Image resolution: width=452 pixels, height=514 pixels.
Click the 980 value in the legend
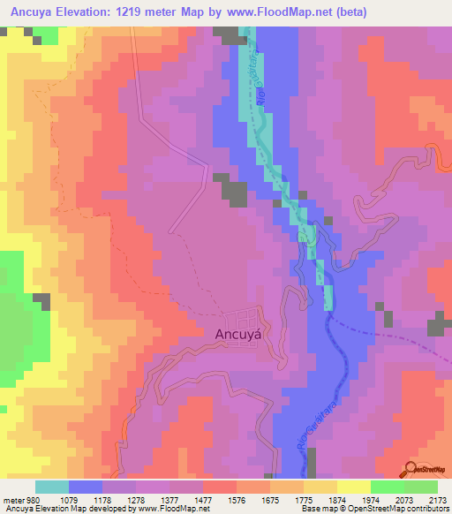tap(33, 500)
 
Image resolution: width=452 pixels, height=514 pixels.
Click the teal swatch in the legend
tap(52, 487)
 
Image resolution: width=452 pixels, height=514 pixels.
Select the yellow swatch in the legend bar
tap(353, 487)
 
